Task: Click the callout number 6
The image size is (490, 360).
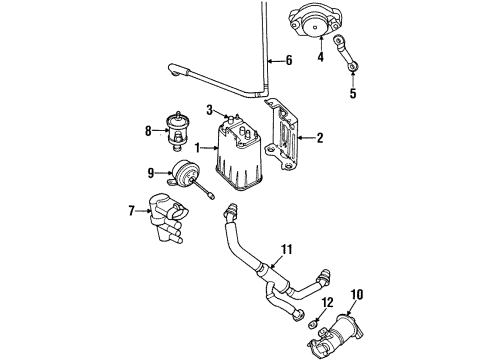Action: (290, 60)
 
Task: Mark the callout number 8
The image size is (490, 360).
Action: (149, 129)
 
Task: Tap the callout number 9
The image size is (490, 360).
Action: (152, 172)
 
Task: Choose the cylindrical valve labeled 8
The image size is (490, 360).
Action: (180, 131)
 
